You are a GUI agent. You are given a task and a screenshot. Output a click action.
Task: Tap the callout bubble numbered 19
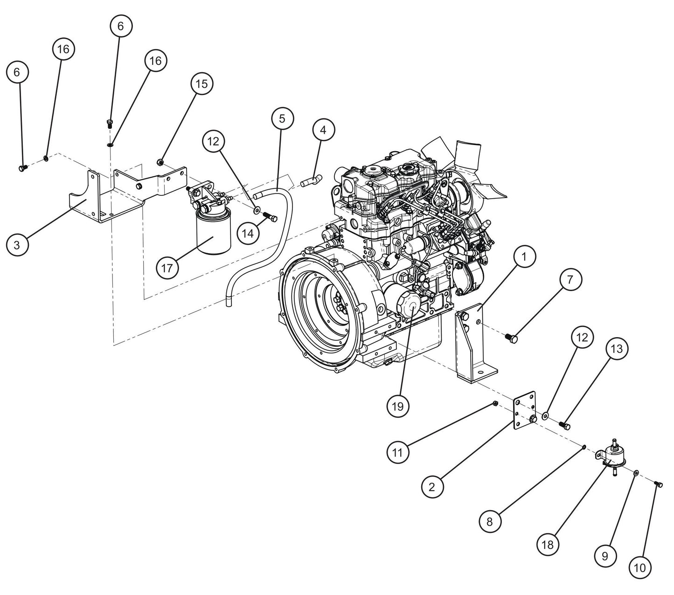[398, 406]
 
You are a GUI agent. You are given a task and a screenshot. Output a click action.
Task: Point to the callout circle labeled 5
[282, 118]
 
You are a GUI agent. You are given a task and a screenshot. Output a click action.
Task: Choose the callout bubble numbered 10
[640, 567]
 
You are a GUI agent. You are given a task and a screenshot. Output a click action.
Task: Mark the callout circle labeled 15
[202, 84]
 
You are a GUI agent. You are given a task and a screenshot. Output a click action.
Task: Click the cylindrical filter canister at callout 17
[213, 234]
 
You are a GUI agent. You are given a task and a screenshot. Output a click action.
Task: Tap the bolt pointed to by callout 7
[512, 338]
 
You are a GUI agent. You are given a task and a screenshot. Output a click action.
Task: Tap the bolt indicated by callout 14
[271, 216]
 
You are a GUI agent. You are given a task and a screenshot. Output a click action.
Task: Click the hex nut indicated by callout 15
[160, 162]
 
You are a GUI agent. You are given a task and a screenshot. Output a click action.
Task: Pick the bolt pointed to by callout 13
[564, 425]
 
